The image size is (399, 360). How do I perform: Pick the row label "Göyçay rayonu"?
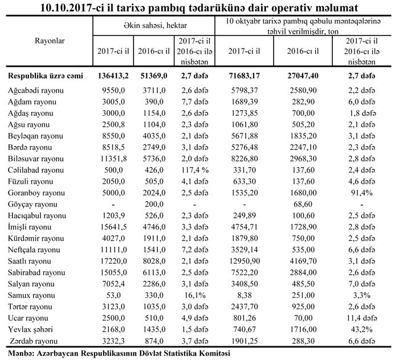click(x=32, y=204)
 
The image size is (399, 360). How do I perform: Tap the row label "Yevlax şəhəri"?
click(x=32, y=329)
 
